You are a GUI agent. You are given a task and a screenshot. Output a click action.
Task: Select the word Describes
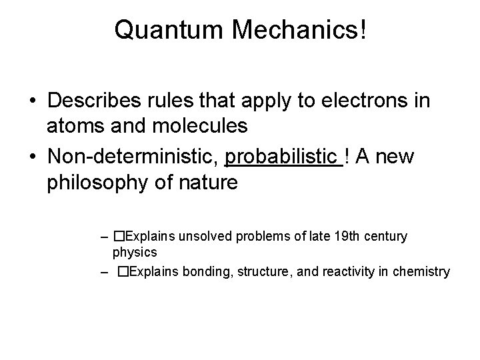coord(97,101)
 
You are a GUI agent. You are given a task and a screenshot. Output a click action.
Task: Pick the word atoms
coord(73,125)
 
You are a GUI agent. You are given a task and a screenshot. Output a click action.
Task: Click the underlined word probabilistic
coord(283,157)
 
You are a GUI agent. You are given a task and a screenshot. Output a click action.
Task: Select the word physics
coord(135,253)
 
